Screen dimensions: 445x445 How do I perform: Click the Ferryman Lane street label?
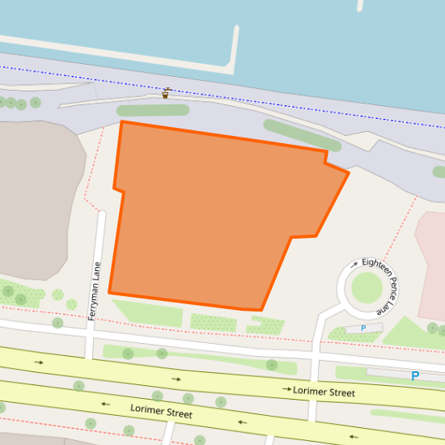pos(95,291)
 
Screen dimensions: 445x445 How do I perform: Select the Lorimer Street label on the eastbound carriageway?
pos(324,392)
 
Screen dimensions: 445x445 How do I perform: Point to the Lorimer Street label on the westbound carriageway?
pos(161,411)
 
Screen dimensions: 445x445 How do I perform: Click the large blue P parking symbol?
pos(415,376)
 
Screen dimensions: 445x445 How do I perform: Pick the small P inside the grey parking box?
pos(363,328)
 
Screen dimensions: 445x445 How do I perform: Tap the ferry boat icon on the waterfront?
pos(167,93)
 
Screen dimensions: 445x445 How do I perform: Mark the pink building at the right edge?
pos(430,267)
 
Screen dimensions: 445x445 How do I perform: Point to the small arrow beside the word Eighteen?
pos(354,264)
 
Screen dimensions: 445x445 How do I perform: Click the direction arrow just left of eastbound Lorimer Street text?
pos(286,390)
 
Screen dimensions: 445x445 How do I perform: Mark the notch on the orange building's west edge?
pos(118,189)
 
